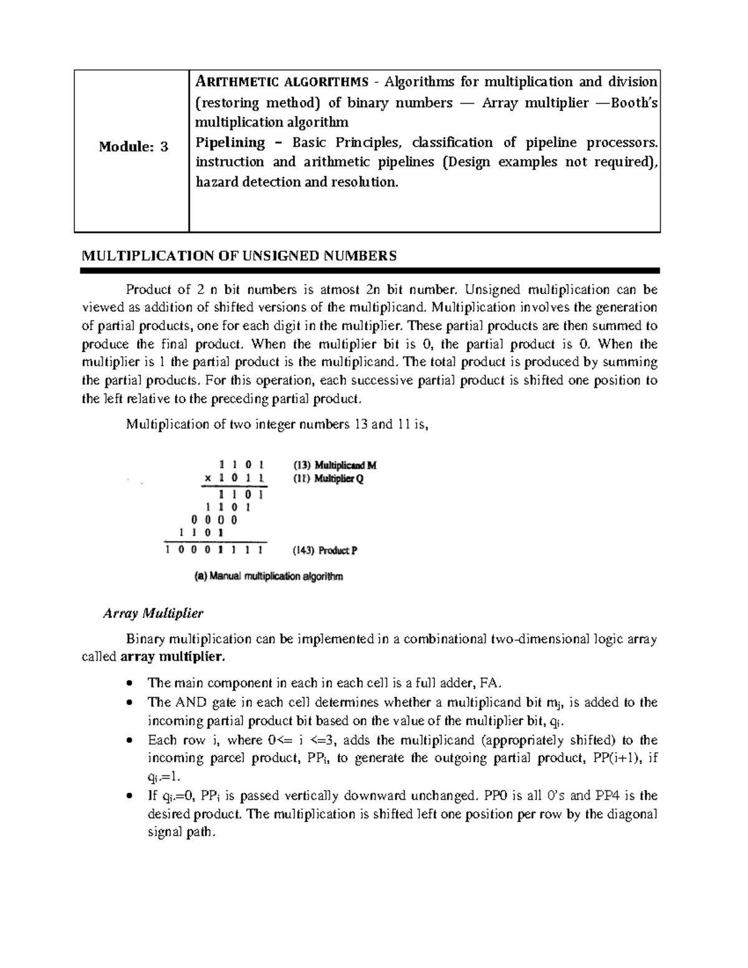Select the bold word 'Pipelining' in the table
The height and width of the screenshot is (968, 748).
(230, 142)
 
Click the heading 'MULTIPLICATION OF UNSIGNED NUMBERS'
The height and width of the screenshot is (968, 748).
(239, 256)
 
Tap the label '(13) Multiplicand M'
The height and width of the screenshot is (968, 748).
(335, 466)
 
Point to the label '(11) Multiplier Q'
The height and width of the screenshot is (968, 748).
(328, 479)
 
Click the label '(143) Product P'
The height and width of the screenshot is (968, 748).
(325, 550)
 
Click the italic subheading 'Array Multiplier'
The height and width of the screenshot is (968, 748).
(153, 613)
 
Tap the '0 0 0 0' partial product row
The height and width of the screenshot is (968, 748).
(214, 519)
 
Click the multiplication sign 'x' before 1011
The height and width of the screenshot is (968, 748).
(208, 479)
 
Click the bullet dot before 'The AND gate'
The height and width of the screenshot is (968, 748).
(129, 702)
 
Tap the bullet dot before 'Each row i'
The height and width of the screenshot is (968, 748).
(129, 740)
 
